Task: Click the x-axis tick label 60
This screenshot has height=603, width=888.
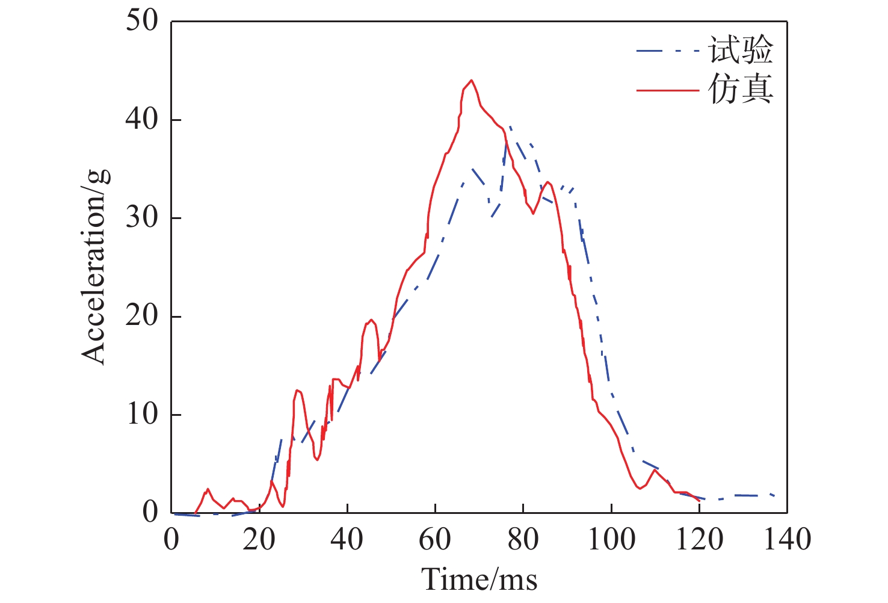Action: coord(435,540)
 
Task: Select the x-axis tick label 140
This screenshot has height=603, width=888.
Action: coord(787,540)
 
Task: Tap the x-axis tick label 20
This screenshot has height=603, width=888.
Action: coord(259,540)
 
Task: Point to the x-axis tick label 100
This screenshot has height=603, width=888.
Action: coord(611,540)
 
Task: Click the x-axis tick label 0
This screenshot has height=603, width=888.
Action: coord(171,540)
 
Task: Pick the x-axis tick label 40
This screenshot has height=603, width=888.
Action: coord(347,540)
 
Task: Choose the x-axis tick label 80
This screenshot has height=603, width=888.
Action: coord(523,540)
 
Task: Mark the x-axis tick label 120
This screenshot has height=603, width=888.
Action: coord(699,540)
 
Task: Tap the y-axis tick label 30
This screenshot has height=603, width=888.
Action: coord(142,218)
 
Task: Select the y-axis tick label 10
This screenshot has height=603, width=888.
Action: coord(142,415)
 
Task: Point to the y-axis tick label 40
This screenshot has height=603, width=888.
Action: coord(142,120)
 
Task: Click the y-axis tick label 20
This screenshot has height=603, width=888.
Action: coord(142,317)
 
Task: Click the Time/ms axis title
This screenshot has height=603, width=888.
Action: coord(479,579)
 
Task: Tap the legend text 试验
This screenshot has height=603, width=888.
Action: coord(741,50)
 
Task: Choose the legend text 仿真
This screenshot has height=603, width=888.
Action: coord(741,90)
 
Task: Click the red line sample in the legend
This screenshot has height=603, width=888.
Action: coord(668,90)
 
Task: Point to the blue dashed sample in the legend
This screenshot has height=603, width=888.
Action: coord(668,51)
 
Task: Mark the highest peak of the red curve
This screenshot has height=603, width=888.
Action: coord(471,80)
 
